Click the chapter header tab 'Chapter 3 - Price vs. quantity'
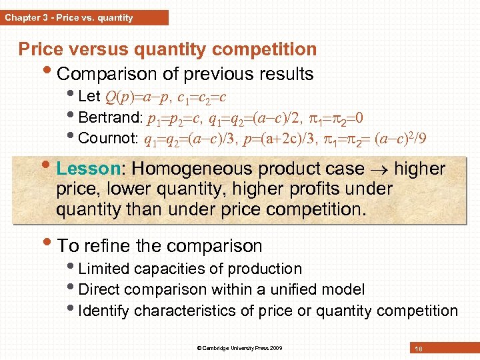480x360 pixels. click(x=69, y=17)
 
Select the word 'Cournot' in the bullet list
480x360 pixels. click(x=107, y=139)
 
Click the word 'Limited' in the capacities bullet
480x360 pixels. click(x=103, y=269)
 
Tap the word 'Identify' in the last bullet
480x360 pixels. click(x=104, y=311)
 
